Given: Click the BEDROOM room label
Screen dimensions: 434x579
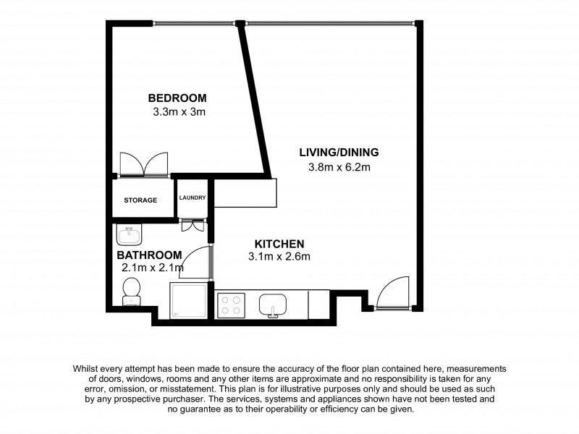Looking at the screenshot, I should (177, 98).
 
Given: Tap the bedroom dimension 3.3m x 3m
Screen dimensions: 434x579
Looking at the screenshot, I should (180, 112).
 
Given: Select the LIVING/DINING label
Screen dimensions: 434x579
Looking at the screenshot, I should (339, 153).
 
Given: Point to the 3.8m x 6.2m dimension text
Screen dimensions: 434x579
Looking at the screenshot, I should (340, 168).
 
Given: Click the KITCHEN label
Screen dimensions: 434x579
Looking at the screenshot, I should (279, 244).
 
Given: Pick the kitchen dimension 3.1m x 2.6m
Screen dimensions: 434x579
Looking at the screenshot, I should (279, 257).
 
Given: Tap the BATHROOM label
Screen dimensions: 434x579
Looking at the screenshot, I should (149, 255).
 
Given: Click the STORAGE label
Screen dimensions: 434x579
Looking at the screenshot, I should (140, 200).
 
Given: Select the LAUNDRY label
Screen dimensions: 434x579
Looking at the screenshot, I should (193, 197).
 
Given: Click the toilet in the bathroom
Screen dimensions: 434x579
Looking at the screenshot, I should (132, 292).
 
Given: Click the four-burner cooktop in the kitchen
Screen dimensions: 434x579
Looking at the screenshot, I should (232, 305).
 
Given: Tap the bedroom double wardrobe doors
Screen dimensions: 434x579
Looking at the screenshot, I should (144, 165).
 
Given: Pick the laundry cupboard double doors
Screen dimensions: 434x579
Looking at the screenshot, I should (193, 225).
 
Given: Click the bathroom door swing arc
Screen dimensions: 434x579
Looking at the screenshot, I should (195, 262).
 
